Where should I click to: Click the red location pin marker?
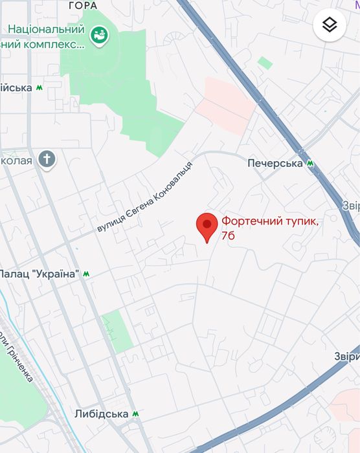pos(207,227)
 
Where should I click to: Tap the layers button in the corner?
pos(330,25)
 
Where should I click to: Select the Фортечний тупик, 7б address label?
pos(270,228)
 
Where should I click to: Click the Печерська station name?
pos(275,164)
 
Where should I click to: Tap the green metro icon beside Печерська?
pos(311,164)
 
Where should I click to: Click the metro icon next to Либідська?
pos(135,414)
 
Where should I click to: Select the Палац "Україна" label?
pos(40,274)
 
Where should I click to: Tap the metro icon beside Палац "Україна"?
pos(86,274)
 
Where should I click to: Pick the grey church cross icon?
pos(47,159)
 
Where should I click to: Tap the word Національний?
pos(47,30)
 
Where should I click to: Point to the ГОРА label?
pos(82,6)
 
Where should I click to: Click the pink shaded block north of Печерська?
pos(225,104)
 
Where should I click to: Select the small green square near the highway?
pos(264,63)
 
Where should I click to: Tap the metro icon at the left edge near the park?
pos(40,87)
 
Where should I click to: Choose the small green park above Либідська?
pos(117,331)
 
